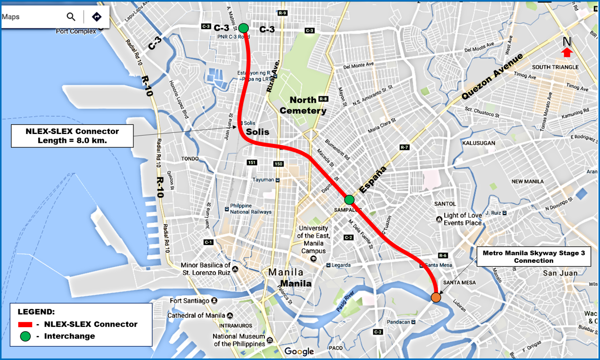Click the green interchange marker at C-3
coord(243,28)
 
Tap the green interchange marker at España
coord(349,200)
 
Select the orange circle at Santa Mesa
coord(436,298)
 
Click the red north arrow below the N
coord(567,52)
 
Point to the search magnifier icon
coord(71,17)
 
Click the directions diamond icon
coord(96,17)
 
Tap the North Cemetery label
coord(303,105)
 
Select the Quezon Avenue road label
coord(492,77)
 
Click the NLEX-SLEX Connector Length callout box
coord(72,136)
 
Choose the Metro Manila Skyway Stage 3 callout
coord(534,257)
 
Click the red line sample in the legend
coord(25,324)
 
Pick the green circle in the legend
coord(25,336)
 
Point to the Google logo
coord(299,351)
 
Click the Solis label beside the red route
coord(257,132)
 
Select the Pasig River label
coord(345,301)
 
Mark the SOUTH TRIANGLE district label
coord(555,67)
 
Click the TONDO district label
coord(190,159)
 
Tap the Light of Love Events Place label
coord(462,219)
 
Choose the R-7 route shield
coord(404,147)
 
